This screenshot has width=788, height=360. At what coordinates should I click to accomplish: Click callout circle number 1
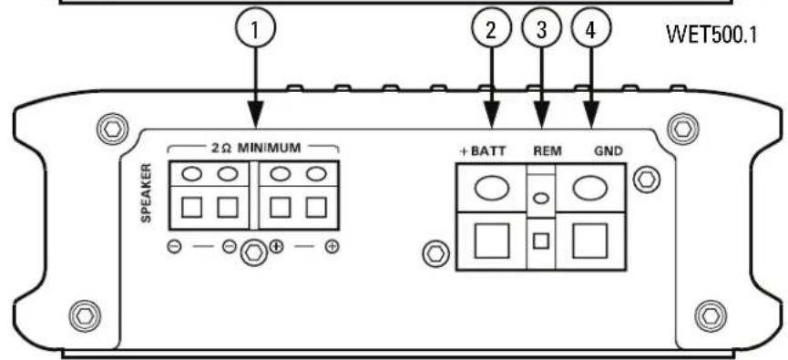point(256,29)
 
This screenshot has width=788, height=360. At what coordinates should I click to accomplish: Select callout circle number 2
point(492,29)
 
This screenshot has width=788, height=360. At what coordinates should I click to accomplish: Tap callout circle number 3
point(544,29)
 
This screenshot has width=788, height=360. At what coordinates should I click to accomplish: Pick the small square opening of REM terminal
point(543,242)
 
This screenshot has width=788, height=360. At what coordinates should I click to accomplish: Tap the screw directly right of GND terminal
point(648,179)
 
